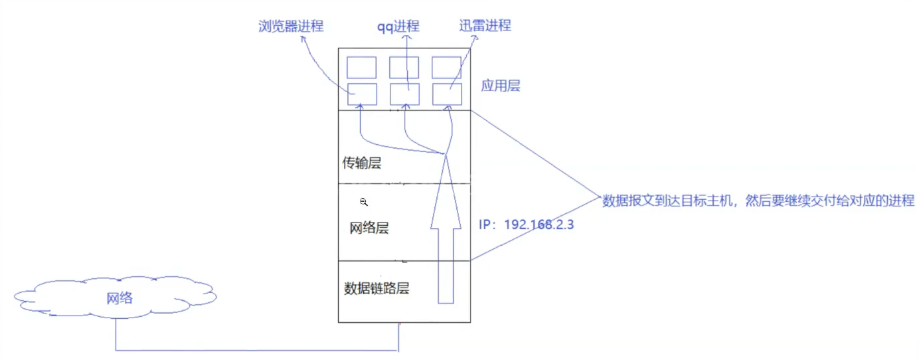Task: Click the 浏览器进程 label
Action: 291,27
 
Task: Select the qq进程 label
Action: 399,27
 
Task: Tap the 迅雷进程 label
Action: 485,26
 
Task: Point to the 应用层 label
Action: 500,87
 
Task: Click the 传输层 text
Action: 362,163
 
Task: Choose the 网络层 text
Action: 369,228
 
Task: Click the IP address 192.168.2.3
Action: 539,225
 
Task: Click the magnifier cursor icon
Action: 364,201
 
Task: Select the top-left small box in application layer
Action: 362,68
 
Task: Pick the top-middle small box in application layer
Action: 404,68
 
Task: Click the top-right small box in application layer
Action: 447,68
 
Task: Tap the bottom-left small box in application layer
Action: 362,94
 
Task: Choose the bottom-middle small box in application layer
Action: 404,94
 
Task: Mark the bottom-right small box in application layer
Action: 447,94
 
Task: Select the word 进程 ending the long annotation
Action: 901,201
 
